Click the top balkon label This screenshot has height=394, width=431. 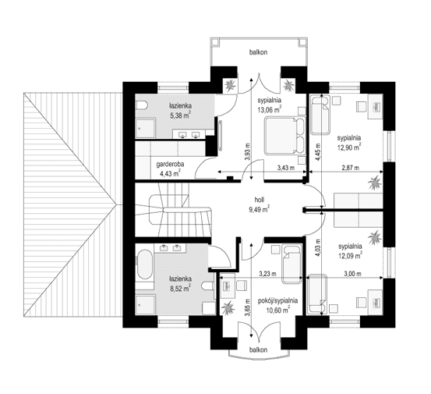(x=259, y=52)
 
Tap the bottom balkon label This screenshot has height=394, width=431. (x=260, y=351)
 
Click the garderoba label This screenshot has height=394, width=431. (x=169, y=165)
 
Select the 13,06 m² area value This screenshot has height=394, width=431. (x=269, y=110)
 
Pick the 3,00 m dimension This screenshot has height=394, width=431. (x=353, y=273)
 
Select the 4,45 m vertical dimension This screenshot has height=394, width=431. (x=317, y=147)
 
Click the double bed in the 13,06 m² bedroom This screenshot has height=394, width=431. (x=279, y=136)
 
